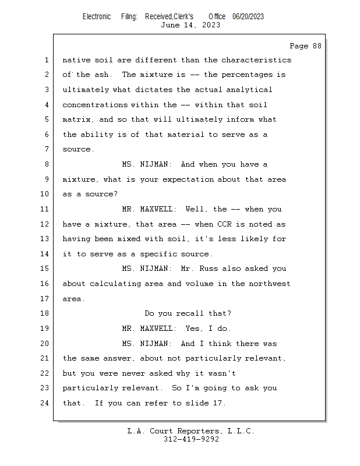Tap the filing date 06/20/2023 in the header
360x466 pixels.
(248, 16)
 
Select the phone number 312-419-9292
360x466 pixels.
(191, 439)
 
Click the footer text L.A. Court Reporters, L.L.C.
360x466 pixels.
(190, 431)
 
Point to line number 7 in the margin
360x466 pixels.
(47, 149)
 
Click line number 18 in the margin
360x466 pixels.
(44, 313)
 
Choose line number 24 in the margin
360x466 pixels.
(44, 403)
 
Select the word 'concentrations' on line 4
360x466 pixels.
(94, 105)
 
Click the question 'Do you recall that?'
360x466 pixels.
(188, 313)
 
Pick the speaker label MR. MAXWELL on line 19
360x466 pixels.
(148, 329)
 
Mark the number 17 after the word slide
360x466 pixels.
(216, 403)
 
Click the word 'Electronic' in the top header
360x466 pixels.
(96, 16)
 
